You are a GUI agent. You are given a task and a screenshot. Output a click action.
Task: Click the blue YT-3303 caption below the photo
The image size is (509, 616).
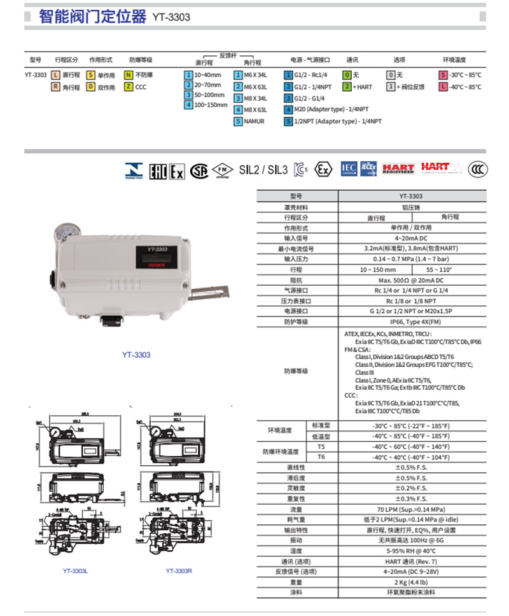(x=136, y=355)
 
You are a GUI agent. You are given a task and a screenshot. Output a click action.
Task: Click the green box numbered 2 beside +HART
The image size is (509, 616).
(x=347, y=86)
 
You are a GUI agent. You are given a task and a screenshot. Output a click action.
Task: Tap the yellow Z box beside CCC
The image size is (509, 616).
(x=129, y=87)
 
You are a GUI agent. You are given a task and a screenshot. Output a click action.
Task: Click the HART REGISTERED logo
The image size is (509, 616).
(x=398, y=169)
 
